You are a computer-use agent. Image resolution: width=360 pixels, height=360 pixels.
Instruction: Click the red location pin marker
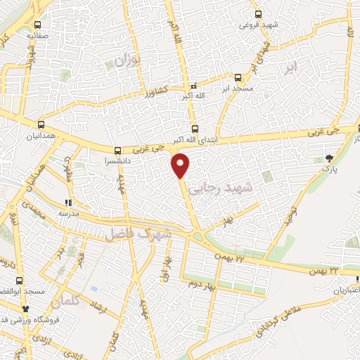pos(181,165)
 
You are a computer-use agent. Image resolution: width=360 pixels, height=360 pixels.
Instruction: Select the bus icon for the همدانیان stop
pos(41,123)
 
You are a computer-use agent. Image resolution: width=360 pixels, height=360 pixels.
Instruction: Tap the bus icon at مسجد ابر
pos(238,78)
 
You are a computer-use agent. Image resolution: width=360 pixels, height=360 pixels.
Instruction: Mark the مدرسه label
pos(67,213)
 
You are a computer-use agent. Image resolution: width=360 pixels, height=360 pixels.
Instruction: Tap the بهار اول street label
pos(165,268)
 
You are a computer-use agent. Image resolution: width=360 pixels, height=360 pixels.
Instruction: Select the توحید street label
pos(288,215)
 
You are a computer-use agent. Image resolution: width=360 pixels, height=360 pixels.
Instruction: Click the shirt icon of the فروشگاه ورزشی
pos(26,309)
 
